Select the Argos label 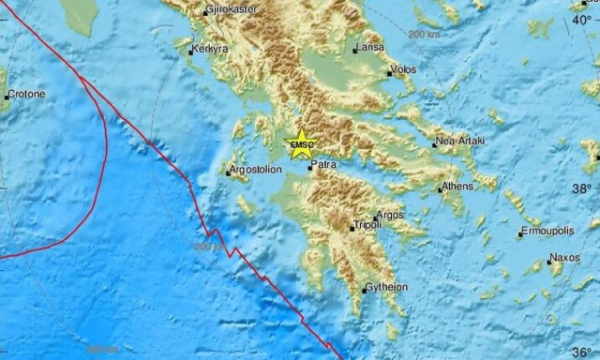[393, 215]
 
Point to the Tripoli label [368, 227]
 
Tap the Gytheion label [386, 286]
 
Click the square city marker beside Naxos [549, 262]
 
